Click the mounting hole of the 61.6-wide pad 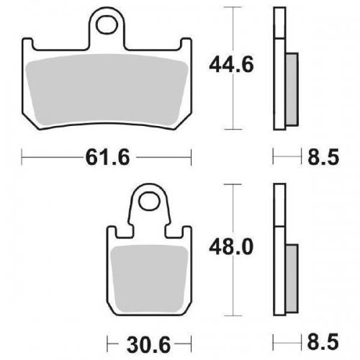(109, 25)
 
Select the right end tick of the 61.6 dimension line (194, 156)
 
